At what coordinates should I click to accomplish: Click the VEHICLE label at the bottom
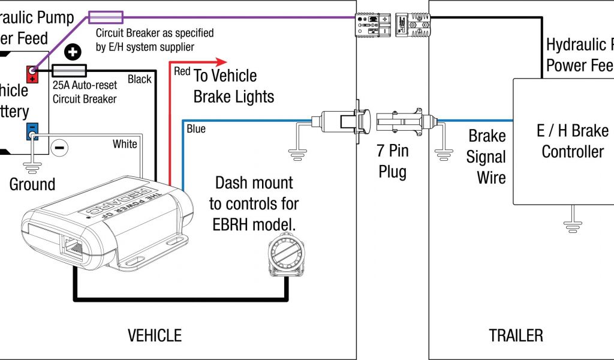(155, 335)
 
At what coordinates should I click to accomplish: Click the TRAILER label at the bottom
(516, 335)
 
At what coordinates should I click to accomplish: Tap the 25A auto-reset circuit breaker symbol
(70, 70)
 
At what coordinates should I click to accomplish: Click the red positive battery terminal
(32, 74)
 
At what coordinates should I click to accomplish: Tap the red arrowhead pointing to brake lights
(221, 61)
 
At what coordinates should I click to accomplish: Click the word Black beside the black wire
(140, 79)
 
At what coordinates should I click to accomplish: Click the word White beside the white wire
(125, 144)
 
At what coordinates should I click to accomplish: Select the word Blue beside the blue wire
(196, 128)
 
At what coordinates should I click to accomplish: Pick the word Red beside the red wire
(182, 71)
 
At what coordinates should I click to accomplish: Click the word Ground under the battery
(32, 184)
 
